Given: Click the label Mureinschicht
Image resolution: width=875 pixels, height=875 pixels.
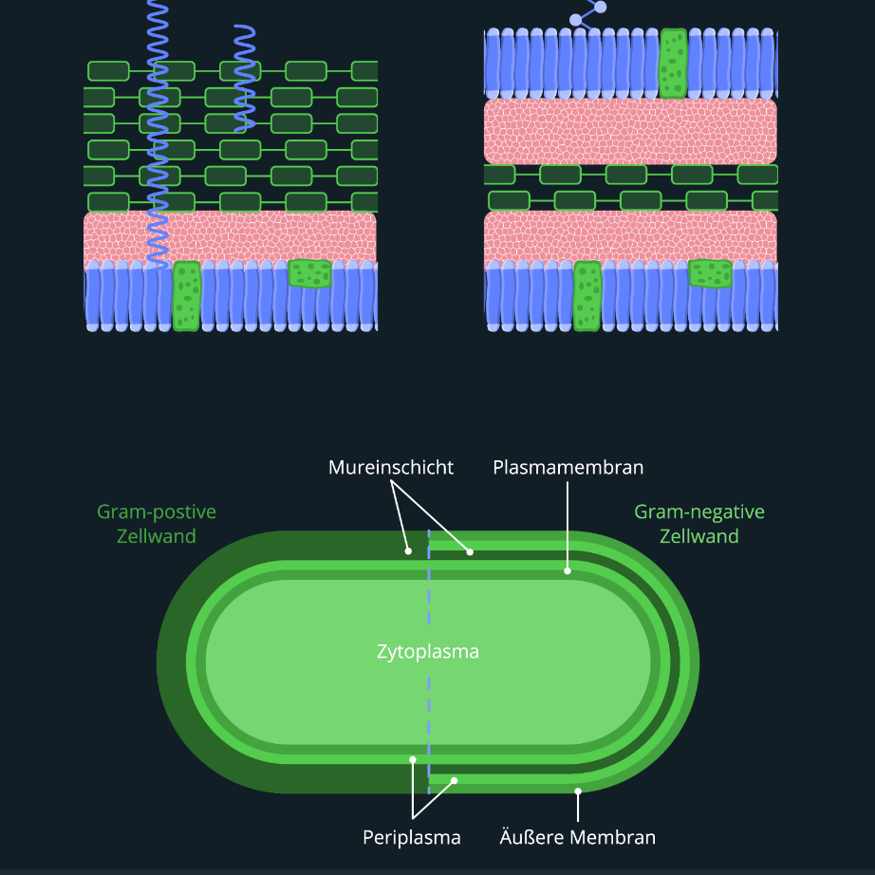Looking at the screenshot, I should coord(391,468).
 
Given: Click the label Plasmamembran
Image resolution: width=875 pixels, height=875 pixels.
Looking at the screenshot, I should coord(568,468).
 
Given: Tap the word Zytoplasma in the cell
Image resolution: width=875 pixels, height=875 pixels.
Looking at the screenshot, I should coord(428,652).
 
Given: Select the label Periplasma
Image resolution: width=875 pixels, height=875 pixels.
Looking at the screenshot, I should coord(412,837).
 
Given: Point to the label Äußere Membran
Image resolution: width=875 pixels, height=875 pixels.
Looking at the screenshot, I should coord(578,837).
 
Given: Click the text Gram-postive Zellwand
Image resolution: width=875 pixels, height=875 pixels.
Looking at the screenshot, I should coord(157,524).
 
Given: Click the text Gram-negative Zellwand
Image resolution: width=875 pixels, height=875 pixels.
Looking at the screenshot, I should coord(699,524).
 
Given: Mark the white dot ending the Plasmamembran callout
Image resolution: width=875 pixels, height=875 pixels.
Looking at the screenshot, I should coord(568,570).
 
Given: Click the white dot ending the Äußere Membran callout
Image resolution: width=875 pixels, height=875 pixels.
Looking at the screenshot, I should coord(578,790).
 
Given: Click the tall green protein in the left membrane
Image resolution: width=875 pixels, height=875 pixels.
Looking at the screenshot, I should coord(187,296).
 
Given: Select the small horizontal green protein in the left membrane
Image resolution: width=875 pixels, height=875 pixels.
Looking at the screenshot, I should coord(310,273).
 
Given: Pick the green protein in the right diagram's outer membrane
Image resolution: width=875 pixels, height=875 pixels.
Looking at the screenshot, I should coord(673,63).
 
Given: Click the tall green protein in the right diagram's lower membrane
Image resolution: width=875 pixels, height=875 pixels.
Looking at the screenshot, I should coord(587,296).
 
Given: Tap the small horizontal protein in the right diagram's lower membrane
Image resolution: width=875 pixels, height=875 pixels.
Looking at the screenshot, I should coord(711,273).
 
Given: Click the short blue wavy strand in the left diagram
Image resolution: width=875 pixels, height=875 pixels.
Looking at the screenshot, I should coord(245,76).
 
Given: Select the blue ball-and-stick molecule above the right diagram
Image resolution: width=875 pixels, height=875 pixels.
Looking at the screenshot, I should coord(588,11).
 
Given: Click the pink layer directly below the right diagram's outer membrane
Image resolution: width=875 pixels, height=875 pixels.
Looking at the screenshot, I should coord(630,131).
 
